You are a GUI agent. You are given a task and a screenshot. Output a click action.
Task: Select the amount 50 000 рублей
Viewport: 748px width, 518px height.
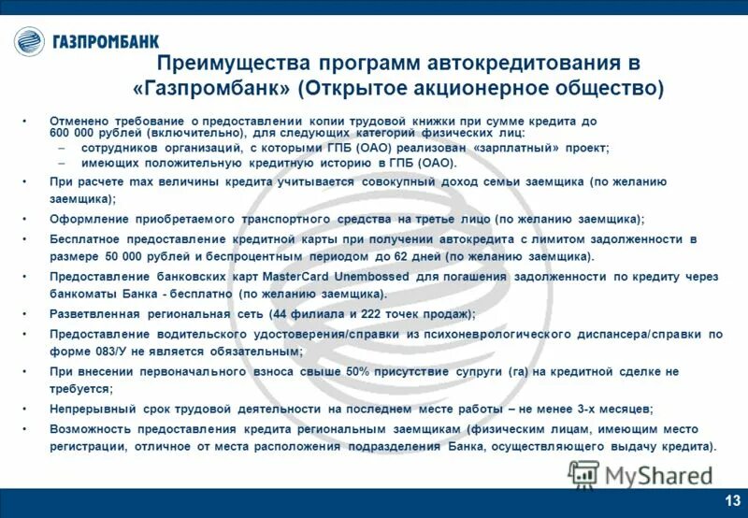click(x=151, y=255)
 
